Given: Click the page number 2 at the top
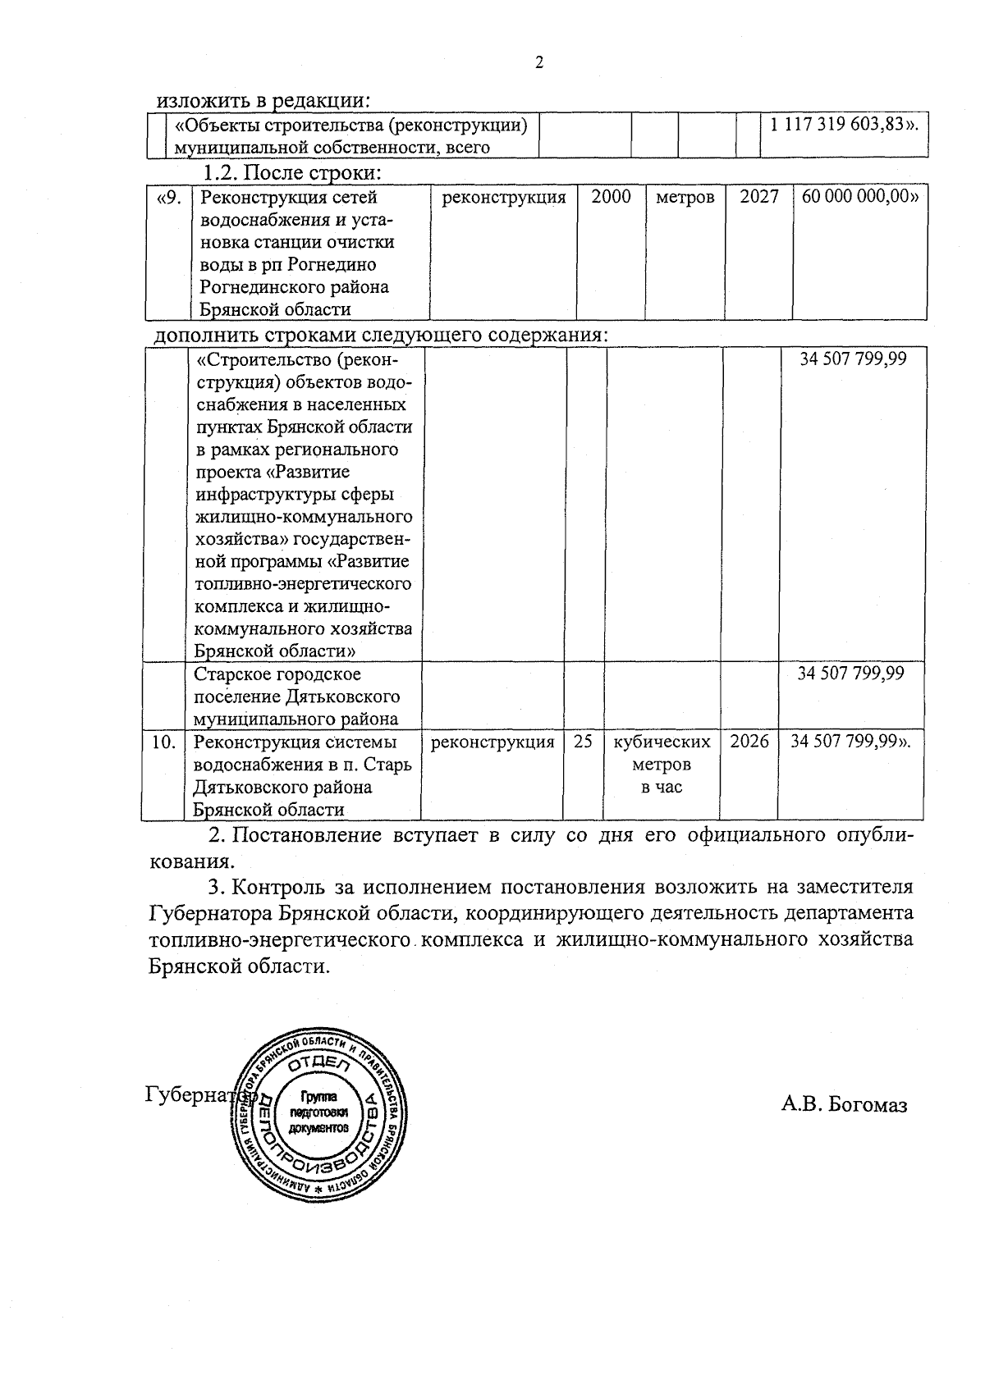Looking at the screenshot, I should (x=538, y=62).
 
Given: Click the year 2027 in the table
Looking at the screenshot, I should (x=758, y=198).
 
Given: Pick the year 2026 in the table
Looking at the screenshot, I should (x=749, y=742).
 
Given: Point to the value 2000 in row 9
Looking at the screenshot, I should (x=611, y=198).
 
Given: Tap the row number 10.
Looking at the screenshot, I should (x=164, y=742).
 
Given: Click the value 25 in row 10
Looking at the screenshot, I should (x=583, y=742).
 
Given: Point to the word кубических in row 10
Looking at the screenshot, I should (x=662, y=742).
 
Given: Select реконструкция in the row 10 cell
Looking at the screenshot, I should (x=492, y=742).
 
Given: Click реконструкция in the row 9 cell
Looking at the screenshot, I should (x=503, y=198).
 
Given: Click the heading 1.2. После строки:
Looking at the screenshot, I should (x=294, y=174).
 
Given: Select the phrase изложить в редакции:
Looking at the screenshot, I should (x=263, y=100).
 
